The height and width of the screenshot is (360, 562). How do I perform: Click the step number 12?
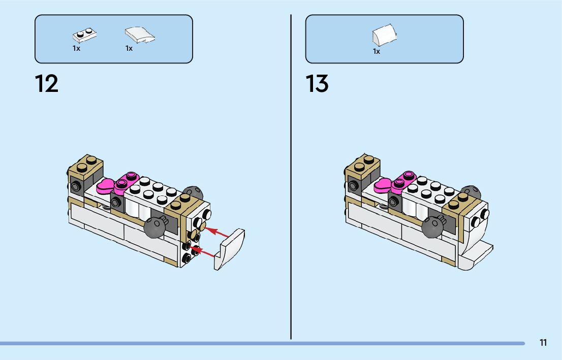pos(47,84)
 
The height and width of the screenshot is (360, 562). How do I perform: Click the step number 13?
pos(317,84)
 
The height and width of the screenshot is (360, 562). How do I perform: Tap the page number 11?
pos(543,343)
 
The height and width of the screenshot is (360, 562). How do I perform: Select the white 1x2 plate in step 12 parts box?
pos(84,35)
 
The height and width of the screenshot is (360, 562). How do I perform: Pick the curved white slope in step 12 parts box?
pos(139,35)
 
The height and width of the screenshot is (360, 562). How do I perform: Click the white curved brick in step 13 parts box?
pos(384,36)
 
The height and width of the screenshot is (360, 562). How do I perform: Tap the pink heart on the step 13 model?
pos(384,186)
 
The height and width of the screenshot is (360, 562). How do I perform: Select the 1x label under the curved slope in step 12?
pos(129,49)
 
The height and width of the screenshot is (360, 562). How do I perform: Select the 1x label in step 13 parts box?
pos(377,51)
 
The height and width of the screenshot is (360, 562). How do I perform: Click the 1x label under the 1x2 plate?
pos(76,49)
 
